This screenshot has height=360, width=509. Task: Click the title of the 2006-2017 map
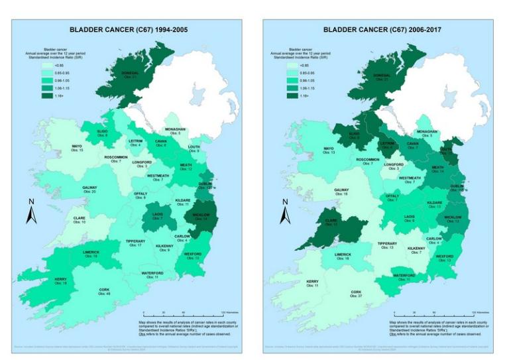382,30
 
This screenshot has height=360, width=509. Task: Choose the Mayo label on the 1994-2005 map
78,149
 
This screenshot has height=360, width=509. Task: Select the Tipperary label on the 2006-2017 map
388,245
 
